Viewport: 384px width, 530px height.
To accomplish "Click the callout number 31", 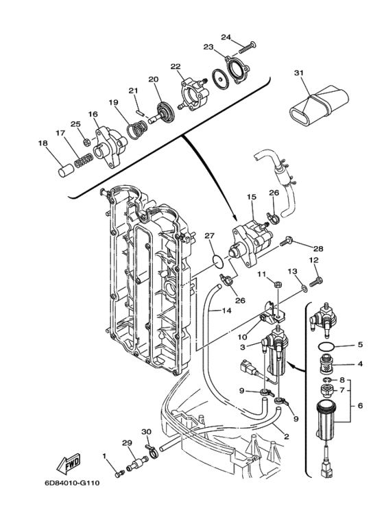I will [x=298, y=73].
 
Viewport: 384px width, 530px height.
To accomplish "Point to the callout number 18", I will [x=43, y=143].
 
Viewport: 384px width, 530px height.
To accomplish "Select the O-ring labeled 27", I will [x=217, y=261].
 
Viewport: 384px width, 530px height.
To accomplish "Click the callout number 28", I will [x=317, y=248].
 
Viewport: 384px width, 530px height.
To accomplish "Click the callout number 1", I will [x=105, y=456].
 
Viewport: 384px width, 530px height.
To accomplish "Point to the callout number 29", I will [x=127, y=442].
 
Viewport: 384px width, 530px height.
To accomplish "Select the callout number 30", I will [x=145, y=431].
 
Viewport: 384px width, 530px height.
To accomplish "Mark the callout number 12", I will [x=313, y=261].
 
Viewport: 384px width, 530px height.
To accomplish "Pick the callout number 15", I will [x=252, y=197].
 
